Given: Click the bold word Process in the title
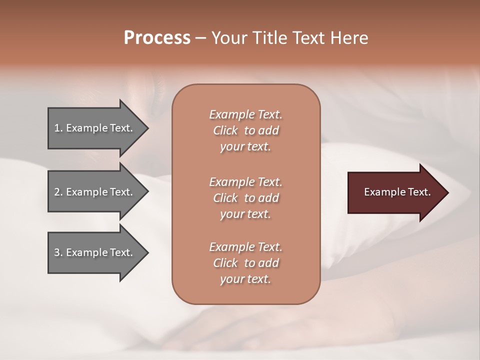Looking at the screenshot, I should [x=157, y=38].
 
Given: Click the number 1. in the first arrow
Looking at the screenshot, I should [x=58, y=128].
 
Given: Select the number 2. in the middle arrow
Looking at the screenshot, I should [x=58, y=192].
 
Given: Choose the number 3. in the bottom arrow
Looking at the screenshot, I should [x=58, y=252].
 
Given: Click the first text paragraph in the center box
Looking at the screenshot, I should [x=245, y=130].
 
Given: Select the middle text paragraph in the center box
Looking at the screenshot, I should [x=245, y=197].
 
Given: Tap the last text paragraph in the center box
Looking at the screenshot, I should [x=245, y=263].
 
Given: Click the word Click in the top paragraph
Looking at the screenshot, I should [x=225, y=130].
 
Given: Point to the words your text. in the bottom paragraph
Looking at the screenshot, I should [x=245, y=279].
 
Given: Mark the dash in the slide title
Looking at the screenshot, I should [x=201, y=38].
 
